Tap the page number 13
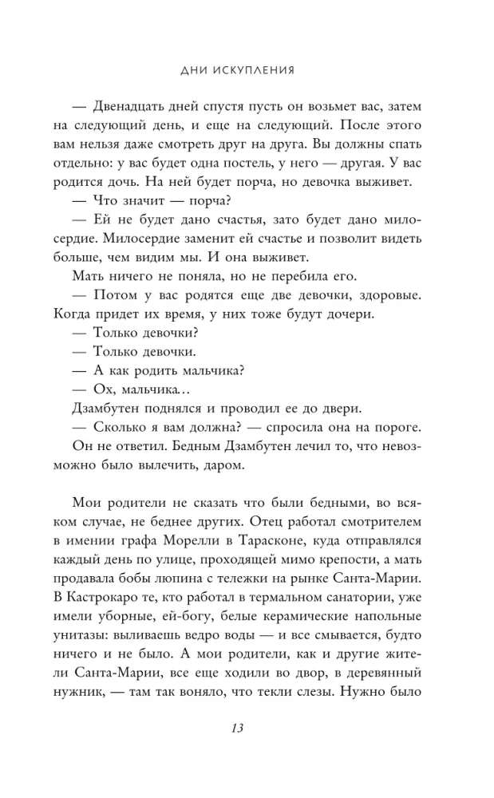[x=247, y=729]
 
